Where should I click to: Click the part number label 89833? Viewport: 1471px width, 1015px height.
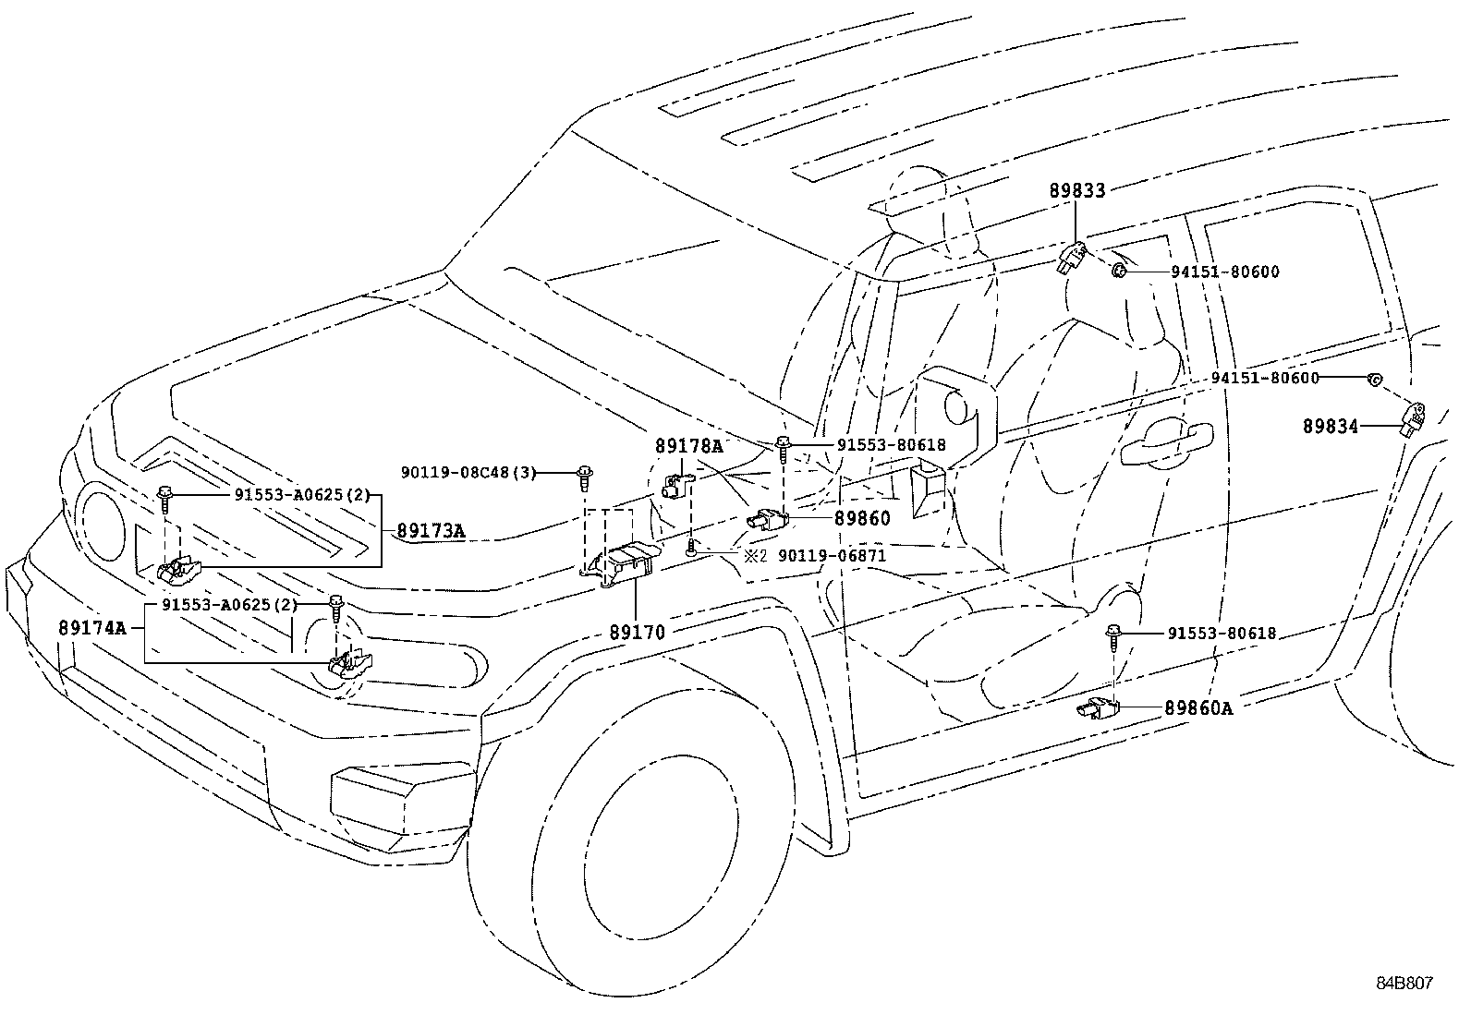click(1076, 191)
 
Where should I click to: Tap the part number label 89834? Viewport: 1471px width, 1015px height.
click(1331, 426)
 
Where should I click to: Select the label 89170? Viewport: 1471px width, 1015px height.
click(637, 633)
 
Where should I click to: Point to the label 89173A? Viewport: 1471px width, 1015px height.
click(431, 531)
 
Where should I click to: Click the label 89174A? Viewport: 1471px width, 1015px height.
click(92, 628)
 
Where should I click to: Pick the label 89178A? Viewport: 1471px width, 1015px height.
click(689, 445)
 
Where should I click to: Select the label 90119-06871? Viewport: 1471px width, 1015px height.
click(832, 556)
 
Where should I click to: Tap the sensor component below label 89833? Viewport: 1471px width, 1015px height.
click(1071, 259)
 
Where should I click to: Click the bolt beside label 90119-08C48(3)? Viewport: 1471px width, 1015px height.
click(585, 477)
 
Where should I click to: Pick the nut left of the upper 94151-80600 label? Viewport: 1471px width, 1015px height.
click(1118, 271)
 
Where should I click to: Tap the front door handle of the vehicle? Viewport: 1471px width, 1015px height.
click(1166, 444)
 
